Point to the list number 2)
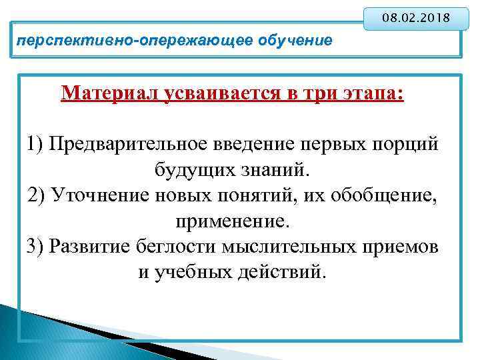[x=37, y=195]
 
